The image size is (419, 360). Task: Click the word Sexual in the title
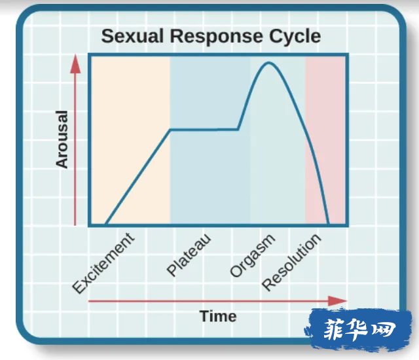point(132,36)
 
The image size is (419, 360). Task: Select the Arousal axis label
point(62,139)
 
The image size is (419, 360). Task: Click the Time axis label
point(218,316)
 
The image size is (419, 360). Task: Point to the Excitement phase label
point(103,263)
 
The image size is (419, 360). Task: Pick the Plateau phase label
point(189,255)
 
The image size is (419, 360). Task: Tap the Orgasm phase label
point(252,255)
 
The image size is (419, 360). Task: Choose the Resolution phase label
point(291,262)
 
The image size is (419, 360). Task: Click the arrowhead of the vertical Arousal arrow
point(75,63)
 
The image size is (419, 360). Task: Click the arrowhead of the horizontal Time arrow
point(337,301)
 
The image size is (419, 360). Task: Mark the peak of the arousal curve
point(268,63)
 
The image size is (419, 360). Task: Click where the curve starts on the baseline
point(106,224)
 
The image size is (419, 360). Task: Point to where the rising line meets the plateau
point(170,130)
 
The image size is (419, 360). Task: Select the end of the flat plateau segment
point(238,130)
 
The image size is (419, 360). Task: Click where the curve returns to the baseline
point(329,224)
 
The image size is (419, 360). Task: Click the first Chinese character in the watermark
point(334,329)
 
